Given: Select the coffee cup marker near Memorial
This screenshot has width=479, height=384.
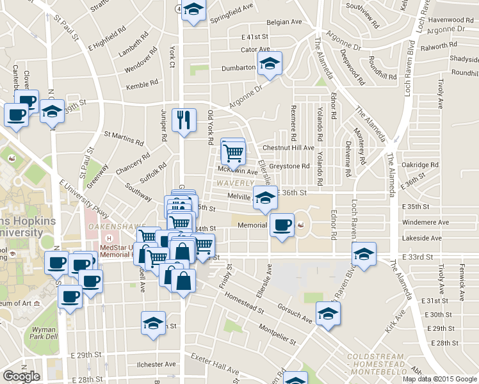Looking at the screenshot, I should (282, 225).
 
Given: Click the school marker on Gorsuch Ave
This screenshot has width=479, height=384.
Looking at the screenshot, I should (328, 314).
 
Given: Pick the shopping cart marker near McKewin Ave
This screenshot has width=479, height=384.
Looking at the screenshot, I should (233, 152).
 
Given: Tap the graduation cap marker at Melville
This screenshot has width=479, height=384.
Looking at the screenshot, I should (265, 198).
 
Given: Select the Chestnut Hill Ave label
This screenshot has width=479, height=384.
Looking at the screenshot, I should (293, 148).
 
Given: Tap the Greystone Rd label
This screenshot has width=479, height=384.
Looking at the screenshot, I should (289, 166).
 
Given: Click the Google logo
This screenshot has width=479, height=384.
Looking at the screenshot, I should (22, 376).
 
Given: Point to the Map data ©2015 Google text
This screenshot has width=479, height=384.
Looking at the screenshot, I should (439, 379).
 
